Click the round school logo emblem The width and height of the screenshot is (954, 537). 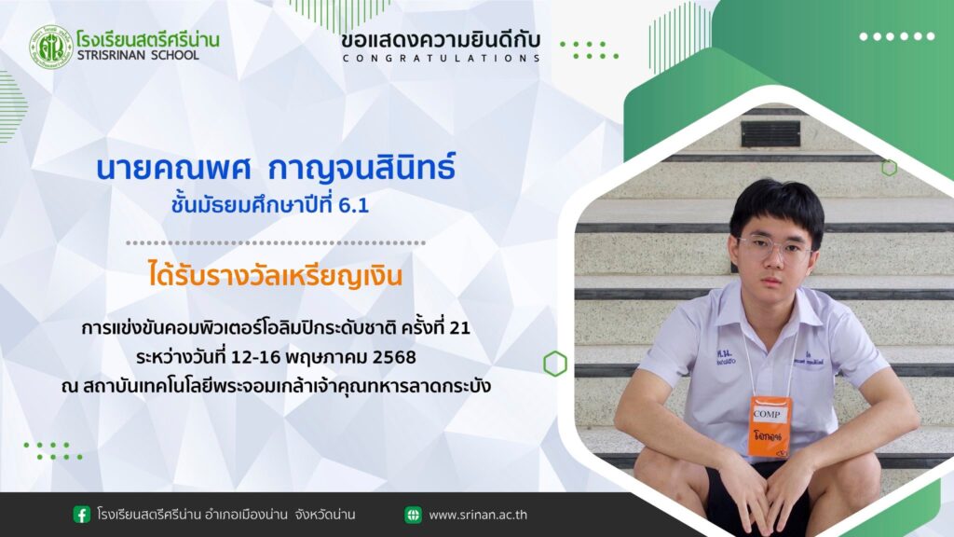[x=51, y=47]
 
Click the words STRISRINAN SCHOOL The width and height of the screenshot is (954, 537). [x=138, y=55]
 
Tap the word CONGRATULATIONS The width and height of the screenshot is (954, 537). [x=441, y=59]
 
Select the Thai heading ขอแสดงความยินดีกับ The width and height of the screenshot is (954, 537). [x=441, y=40]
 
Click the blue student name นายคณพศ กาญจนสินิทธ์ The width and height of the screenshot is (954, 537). [x=276, y=168]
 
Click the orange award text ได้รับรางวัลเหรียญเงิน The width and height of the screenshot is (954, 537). [x=275, y=275]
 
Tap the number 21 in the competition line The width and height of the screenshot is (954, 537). [x=459, y=328]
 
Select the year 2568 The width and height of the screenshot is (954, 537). [x=394, y=357]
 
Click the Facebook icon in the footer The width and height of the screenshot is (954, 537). [x=82, y=515]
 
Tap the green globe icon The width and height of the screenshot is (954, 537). [x=413, y=515]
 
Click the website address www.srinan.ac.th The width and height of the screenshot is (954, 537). [x=478, y=515]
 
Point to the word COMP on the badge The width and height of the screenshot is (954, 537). [x=767, y=414]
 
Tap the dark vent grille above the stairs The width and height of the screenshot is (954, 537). [x=770, y=134]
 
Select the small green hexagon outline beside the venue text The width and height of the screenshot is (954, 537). [x=555, y=365]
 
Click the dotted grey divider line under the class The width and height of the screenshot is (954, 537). [x=276, y=243]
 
